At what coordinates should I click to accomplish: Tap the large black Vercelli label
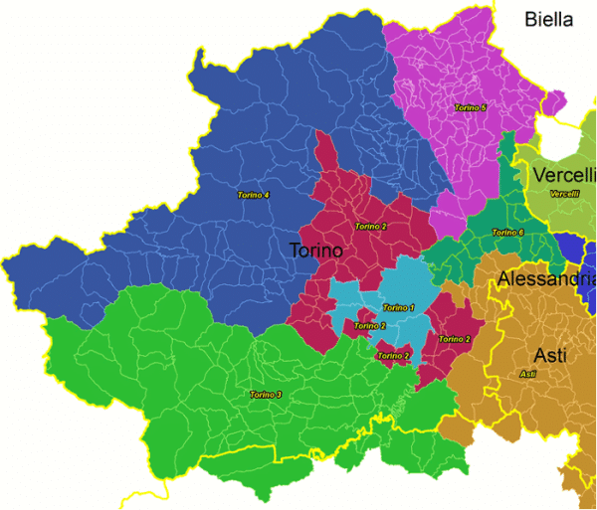(x=564, y=175)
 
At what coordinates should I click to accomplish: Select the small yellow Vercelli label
(x=563, y=192)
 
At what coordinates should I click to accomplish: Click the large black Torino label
(x=315, y=251)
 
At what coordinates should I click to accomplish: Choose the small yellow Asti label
(x=527, y=373)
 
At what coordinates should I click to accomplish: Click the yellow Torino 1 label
(x=398, y=307)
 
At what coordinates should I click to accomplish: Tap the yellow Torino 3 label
(x=266, y=395)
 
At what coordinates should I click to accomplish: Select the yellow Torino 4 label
(x=254, y=194)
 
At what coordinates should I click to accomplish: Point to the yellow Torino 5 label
(x=470, y=106)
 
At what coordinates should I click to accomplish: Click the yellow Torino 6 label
(x=507, y=233)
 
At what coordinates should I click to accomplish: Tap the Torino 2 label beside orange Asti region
(x=454, y=339)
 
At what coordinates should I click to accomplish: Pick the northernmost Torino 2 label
(x=370, y=227)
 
